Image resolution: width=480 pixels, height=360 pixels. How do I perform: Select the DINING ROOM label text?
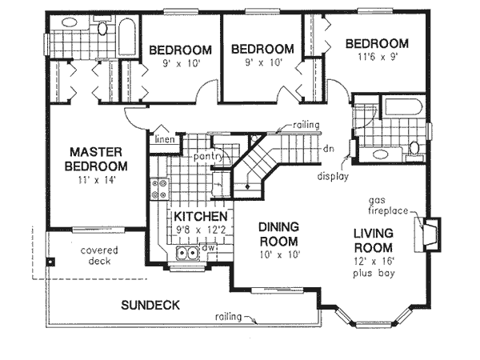pyautogui.click(x=278, y=234)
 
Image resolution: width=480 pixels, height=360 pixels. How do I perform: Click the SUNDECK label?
pyautogui.click(x=150, y=306)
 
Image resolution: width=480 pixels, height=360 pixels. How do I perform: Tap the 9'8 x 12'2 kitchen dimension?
pyautogui.click(x=201, y=230)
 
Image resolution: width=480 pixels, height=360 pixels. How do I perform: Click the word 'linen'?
pyautogui.click(x=165, y=141)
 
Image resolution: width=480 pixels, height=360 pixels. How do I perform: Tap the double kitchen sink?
pyautogui.click(x=186, y=255)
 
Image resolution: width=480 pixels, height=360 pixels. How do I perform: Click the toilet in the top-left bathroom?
pyautogui.click(x=102, y=30)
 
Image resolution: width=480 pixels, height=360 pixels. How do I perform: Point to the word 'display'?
pyautogui.click(x=332, y=175)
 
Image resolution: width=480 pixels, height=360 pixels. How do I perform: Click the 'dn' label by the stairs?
pyautogui.click(x=328, y=149)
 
